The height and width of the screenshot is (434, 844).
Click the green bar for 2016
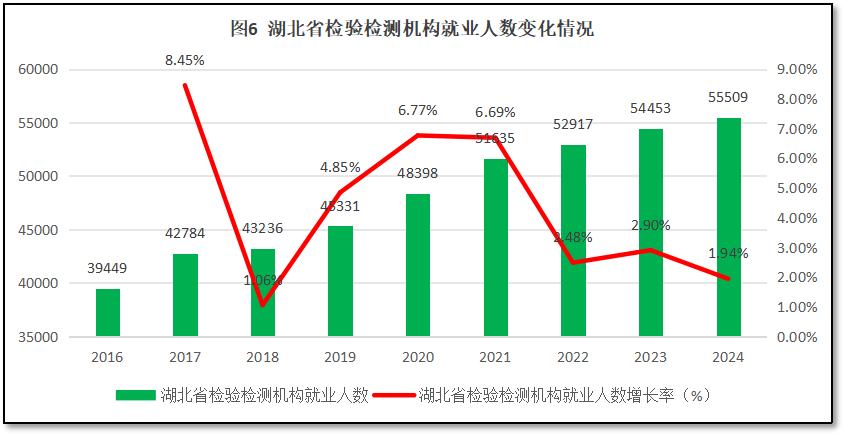(x=108, y=312)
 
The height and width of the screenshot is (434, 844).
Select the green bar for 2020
(x=418, y=265)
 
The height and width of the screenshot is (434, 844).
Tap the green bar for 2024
(x=728, y=227)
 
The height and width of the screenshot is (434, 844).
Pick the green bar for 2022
(x=573, y=240)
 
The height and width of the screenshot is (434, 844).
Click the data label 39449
(x=108, y=268)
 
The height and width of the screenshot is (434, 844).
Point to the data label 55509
(x=728, y=97)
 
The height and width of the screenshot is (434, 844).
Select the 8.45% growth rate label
(x=185, y=60)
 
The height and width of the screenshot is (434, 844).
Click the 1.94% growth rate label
(x=728, y=253)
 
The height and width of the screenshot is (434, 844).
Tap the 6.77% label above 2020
(x=418, y=110)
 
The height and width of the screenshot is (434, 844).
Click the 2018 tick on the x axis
(x=263, y=356)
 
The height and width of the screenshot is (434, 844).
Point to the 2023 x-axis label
(x=650, y=356)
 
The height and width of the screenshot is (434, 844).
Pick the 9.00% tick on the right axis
(x=797, y=70)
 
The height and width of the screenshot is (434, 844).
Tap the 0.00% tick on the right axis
(x=797, y=337)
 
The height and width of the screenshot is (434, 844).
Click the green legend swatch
(x=136, y=395)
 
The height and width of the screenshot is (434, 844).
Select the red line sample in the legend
(x=393, y=395)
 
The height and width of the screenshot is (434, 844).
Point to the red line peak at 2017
(x=185, y=85)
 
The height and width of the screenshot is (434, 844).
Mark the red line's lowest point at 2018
(x=263, y=305)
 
